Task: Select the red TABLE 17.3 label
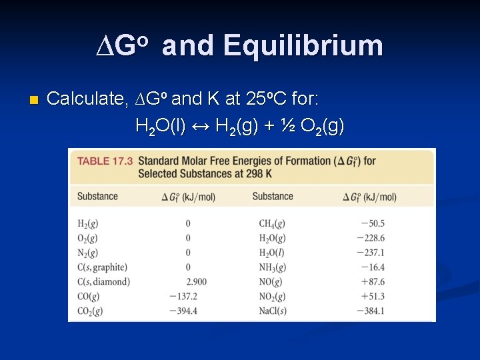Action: pos(105,161)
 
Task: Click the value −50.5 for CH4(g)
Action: pos(372,223)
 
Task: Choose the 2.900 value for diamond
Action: pos(197,282)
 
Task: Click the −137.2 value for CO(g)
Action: pos(184,297)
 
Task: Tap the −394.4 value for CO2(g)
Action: pos(184,311)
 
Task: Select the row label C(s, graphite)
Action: pos(102,267)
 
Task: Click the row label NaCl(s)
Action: pos(273,311)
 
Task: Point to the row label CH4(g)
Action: pos(272,223)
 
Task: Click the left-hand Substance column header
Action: pos(97,197)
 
